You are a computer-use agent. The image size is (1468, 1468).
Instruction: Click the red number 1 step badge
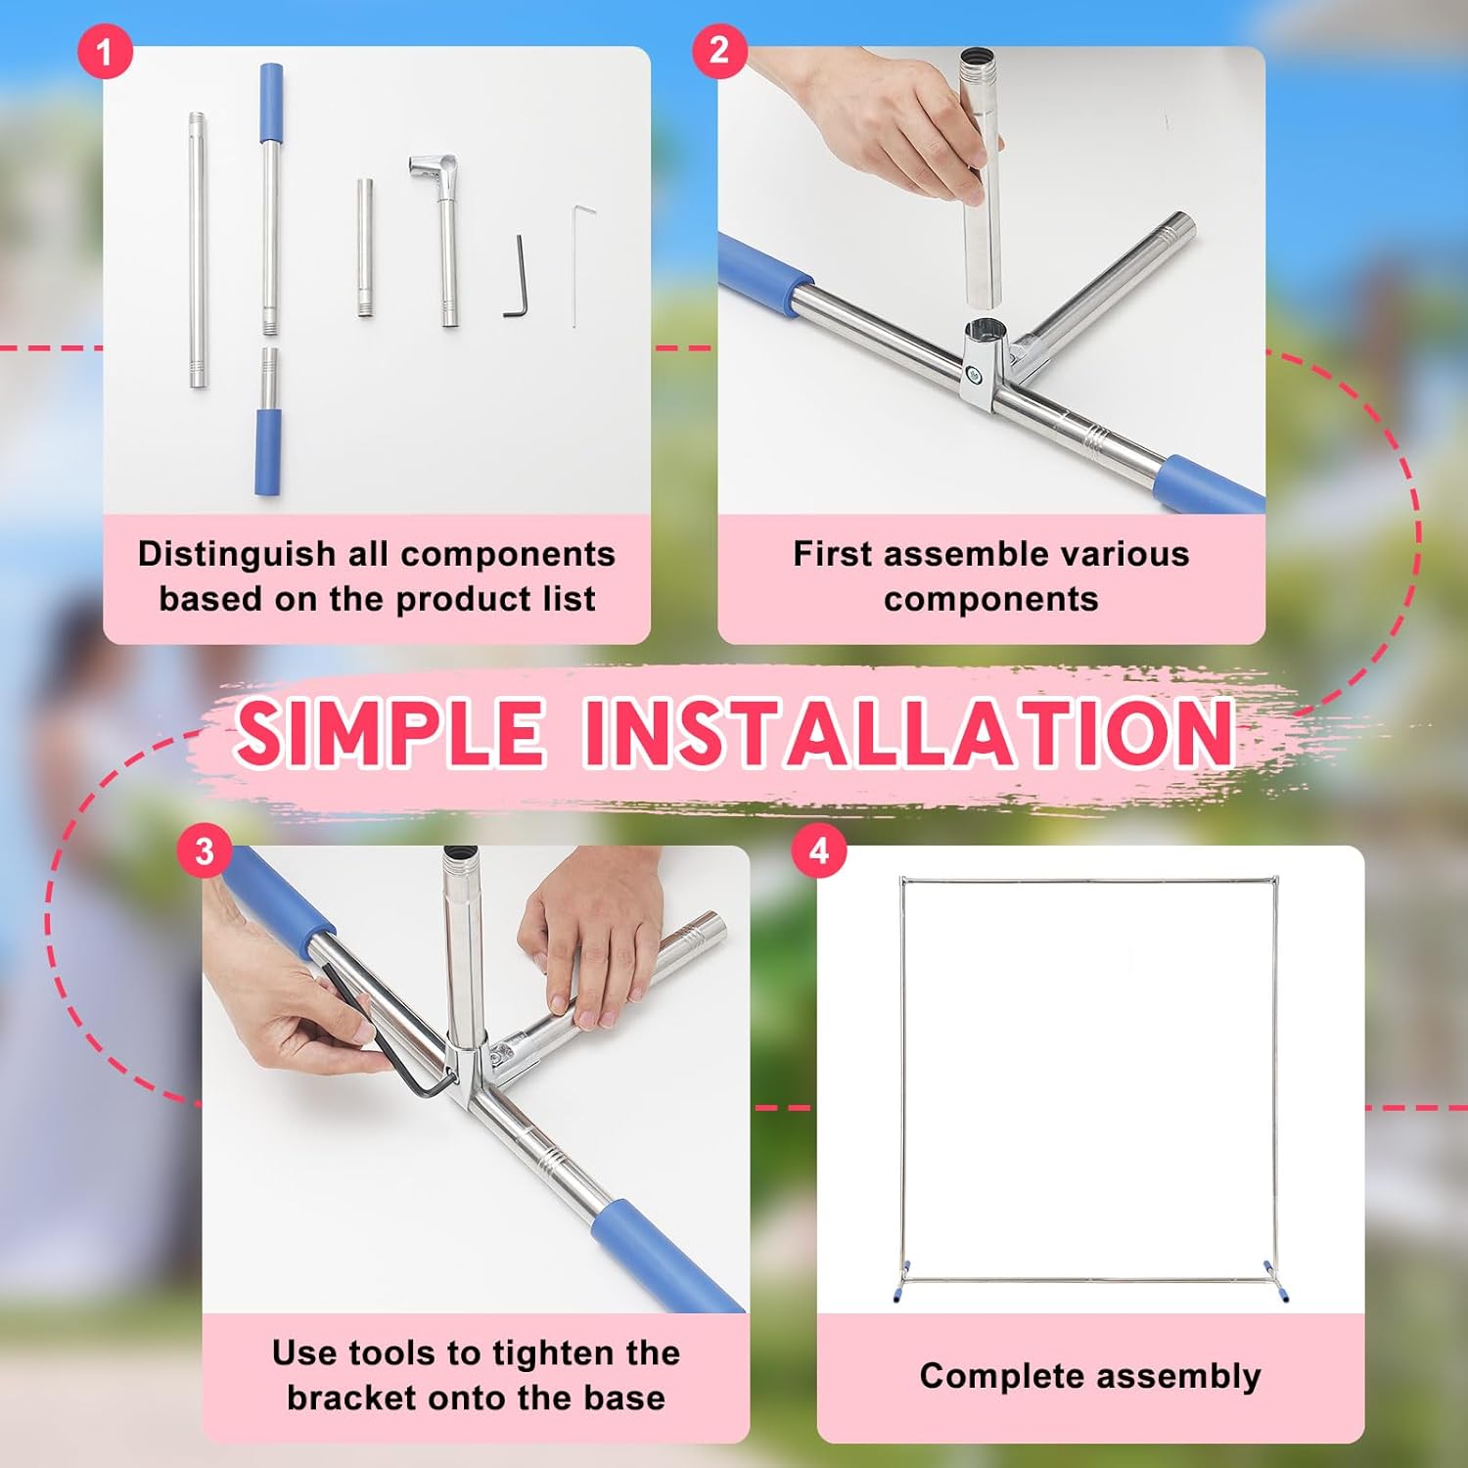(105, 51)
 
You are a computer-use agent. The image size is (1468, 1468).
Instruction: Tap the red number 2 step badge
(719, 51)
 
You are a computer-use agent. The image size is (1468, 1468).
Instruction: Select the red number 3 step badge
(205, 850)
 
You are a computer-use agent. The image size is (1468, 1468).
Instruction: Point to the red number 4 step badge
(819, 850)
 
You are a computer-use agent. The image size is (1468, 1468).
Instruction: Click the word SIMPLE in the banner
(389, 732)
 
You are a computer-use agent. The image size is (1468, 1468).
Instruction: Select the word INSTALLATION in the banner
(909, 732)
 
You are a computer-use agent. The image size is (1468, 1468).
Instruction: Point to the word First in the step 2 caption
(830, 554)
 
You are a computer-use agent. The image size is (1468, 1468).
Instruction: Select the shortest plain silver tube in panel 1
(364, 248)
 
